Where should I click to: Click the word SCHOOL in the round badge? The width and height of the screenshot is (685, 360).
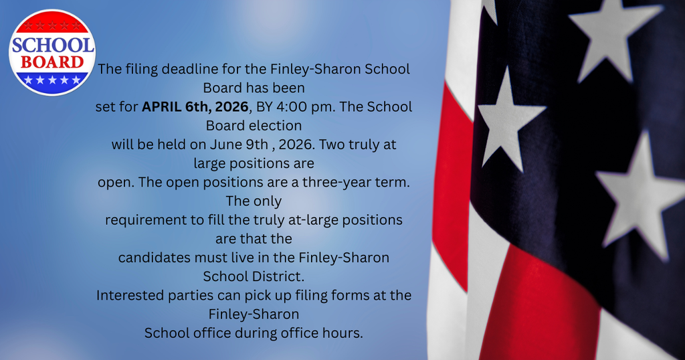[x=52, y=46]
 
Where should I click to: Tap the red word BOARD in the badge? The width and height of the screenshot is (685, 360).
[x=52, y=62]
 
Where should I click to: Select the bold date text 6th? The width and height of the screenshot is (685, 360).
[x=199, y=106]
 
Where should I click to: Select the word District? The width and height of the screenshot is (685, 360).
[x=277, y=276]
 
